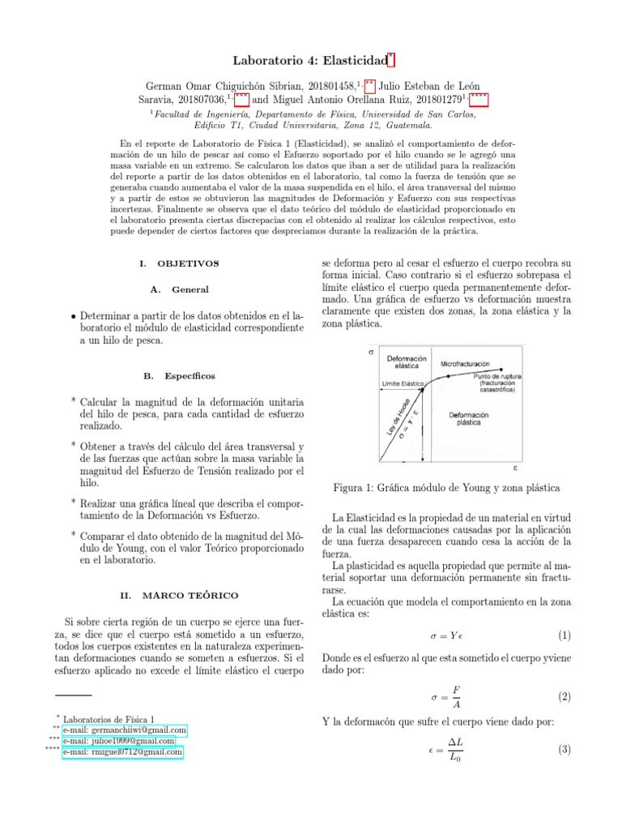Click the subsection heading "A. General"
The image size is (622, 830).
179,289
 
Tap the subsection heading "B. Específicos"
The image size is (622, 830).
178,377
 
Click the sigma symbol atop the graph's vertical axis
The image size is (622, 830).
371,353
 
